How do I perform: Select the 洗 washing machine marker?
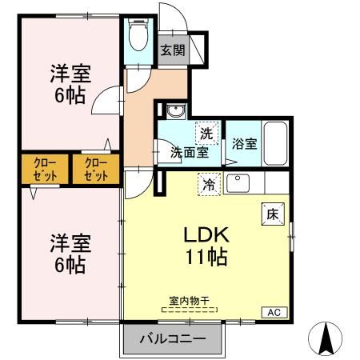[x=206, y=132]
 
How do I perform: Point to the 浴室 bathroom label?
[x=244, y=145]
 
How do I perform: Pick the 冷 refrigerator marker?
[x=208, y=183]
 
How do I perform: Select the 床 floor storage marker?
[x=271, y=214]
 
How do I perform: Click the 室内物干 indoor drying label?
[x=189, y=301]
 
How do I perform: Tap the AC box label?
[x=272, y=313]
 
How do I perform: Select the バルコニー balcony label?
[x=172, y=339]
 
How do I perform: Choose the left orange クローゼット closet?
[x=44, y=170]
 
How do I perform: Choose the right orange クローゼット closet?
[x=96, y=170]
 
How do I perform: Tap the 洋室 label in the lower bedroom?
[x=70, y=240]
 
